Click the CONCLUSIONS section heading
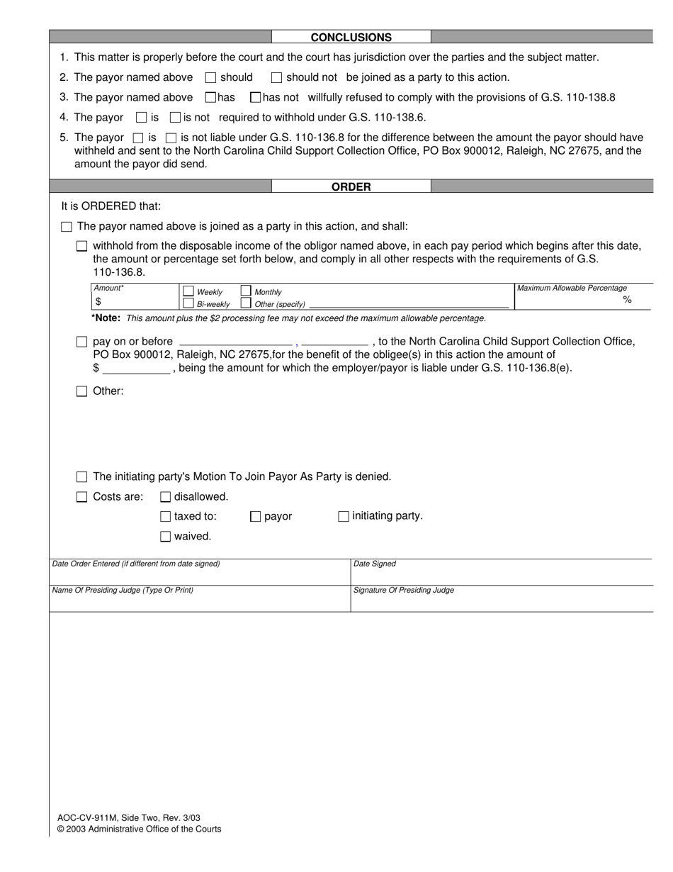click(x=351, y=38)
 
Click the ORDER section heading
click(x=351, y=187)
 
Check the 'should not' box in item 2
click(x=277, y=77)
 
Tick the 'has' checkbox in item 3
click(x=210, y=97)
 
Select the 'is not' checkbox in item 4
click(x=176, y=118)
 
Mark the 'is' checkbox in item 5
click(x=139, y=138)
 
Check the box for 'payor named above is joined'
click(x=67, y=227)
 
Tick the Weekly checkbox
click(x=188, y=291)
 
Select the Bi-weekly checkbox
click(x=188, y=303)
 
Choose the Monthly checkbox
click(x=246, y=291)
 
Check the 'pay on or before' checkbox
click(x=81, y=342)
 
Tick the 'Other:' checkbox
click(x=81, y=391)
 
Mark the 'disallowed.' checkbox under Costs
click(x=165, y=497)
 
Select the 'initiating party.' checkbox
click(x=344, y=517)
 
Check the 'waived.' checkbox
click(x=165, y=537)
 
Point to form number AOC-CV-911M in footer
click(x=89, y=817)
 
